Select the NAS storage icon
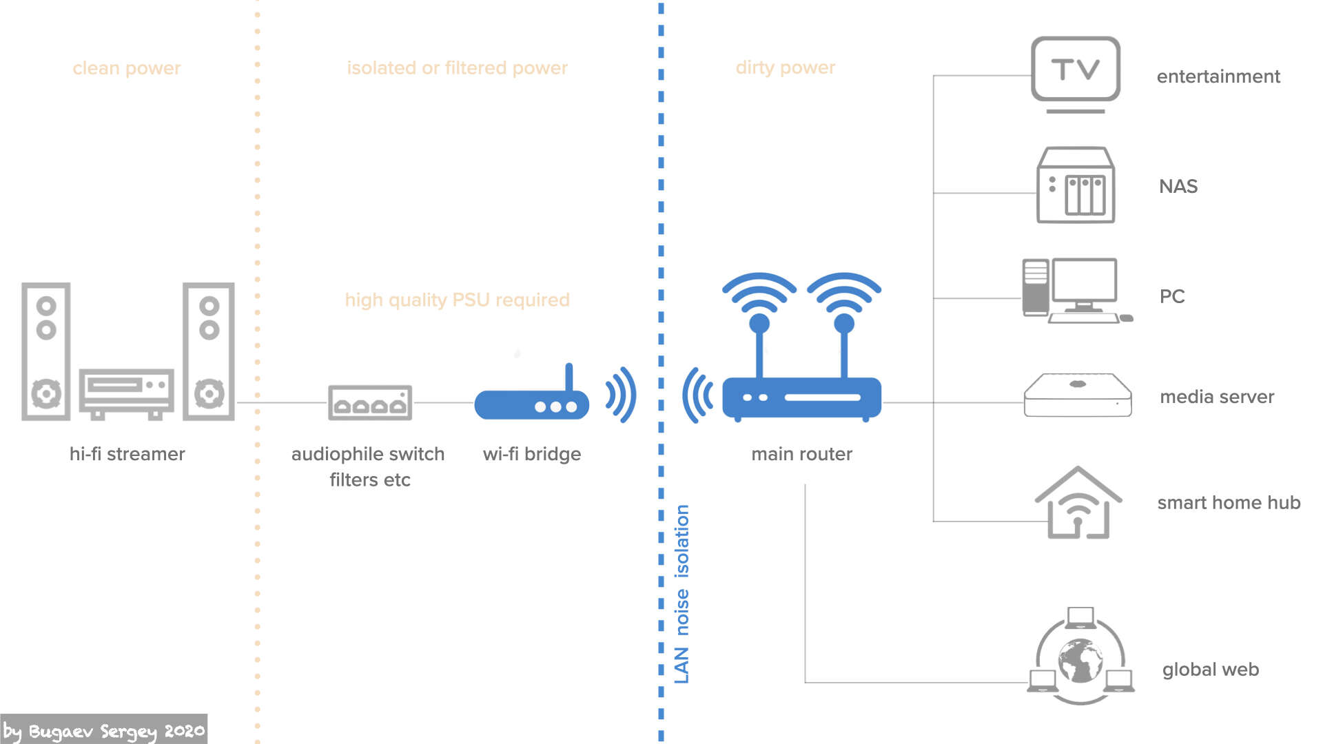(x=1076, y=185)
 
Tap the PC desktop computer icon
(x=1077, y=291)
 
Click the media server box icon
(x=1078, y=395)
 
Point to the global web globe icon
(x=1080, y=657)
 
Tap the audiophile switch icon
(x=370, y=402)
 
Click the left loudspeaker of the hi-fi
(x=46, y=351)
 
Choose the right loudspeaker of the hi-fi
(x=209, y=351)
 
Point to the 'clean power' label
(x=127, y=68)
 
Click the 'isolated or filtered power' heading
(x=457, y=68)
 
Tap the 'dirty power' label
(x=785, y=68)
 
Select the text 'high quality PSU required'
(x=457, y=300)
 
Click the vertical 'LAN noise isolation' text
(x=681, y=594)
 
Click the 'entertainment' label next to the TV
(x=1218, y=76)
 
